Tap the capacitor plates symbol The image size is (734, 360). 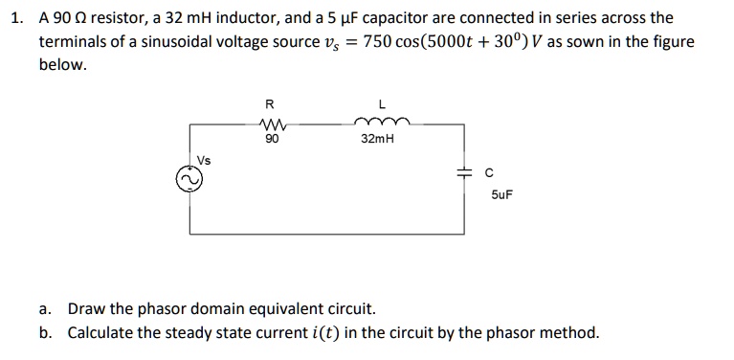coord(463,174)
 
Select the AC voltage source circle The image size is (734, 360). coord(188,179)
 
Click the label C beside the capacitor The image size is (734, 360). coord(488,172)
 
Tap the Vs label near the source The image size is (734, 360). coord(204,159)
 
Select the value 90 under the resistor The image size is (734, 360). coord(272,140)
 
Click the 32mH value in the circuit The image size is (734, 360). coord(378,140)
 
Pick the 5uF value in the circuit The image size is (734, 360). coord(500,193)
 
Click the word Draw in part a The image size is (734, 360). coord(85,309)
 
